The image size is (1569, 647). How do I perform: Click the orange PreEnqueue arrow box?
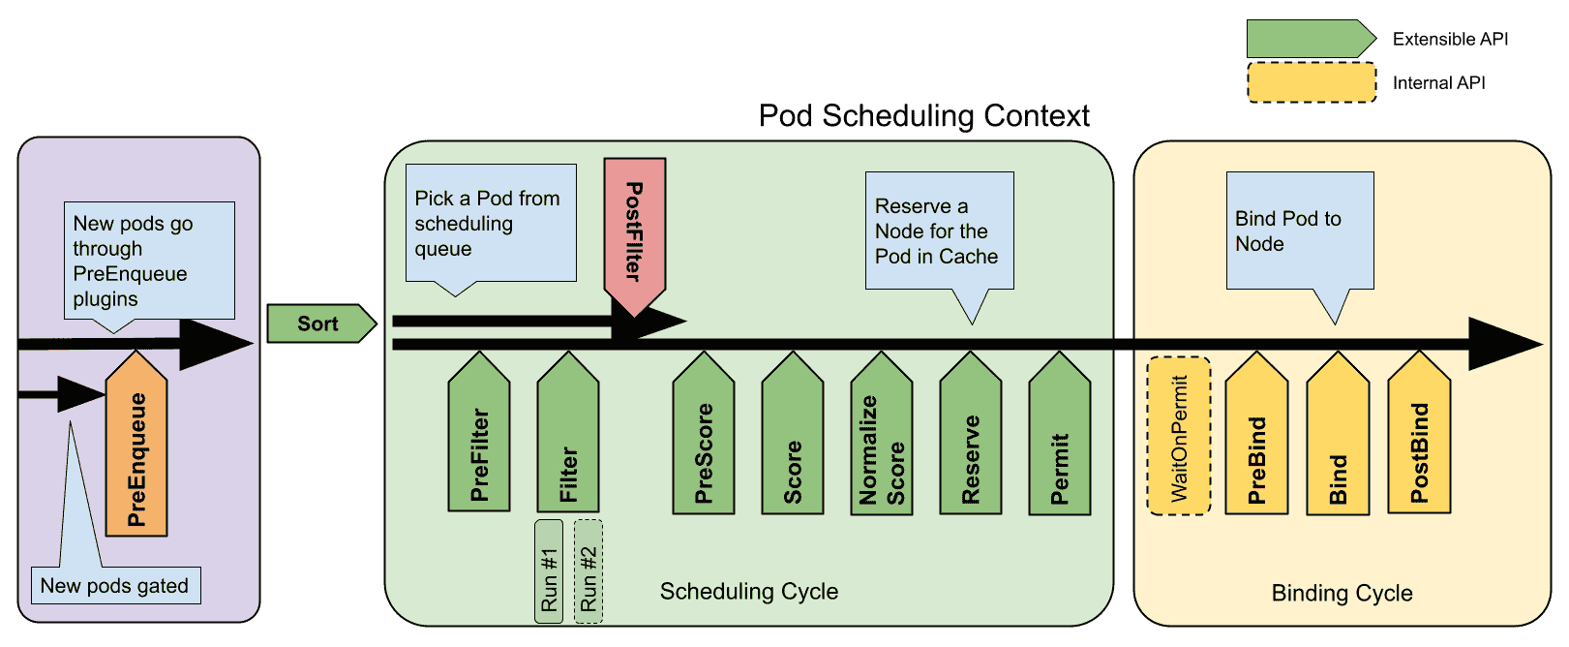pos(136,450)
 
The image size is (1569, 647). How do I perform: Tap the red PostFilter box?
pos(634,232)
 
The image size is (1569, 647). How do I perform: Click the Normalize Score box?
pos(881,441)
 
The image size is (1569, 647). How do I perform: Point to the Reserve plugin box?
pos(970,441)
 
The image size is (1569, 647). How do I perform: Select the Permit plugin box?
pos(1059,441)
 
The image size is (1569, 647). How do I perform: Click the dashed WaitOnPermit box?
pos(1179,436)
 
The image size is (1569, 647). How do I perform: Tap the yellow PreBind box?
pos(1256,441)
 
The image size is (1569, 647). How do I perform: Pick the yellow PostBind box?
pos(1419,441)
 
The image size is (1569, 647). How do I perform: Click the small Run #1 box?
pos(549,571)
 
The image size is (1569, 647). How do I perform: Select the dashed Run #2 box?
pos(588,571)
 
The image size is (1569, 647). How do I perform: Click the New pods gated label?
pos(115,586)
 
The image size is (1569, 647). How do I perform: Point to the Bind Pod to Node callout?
pos(1299,231)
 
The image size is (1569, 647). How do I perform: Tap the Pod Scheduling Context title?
pos(923,116)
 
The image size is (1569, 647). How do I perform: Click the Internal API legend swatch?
pos(1311,83)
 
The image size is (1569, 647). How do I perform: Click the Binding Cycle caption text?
pos(1342,593)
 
